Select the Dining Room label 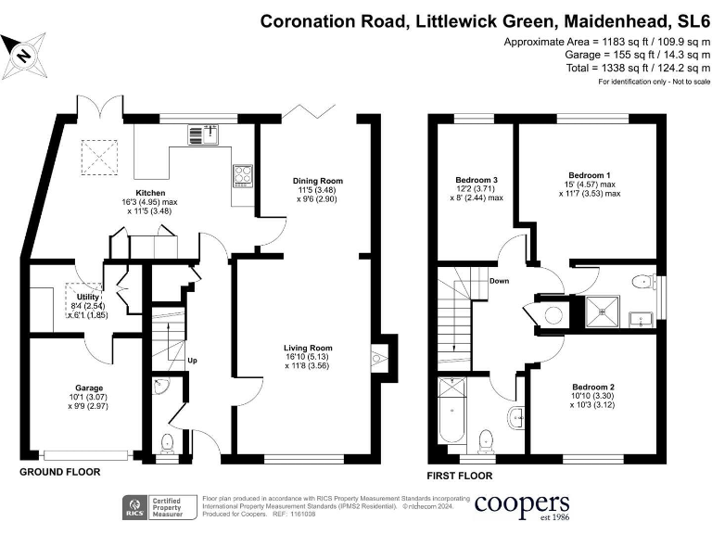pyautogui.click(x=318, y=181)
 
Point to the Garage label pyautogui.click(x=89, y=388)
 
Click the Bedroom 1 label pyautogui.click(x=589, y=175)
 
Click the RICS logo pyautogui.click(x=135, y=507)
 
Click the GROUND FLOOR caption pyautogui.click(x=59, y=472)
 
